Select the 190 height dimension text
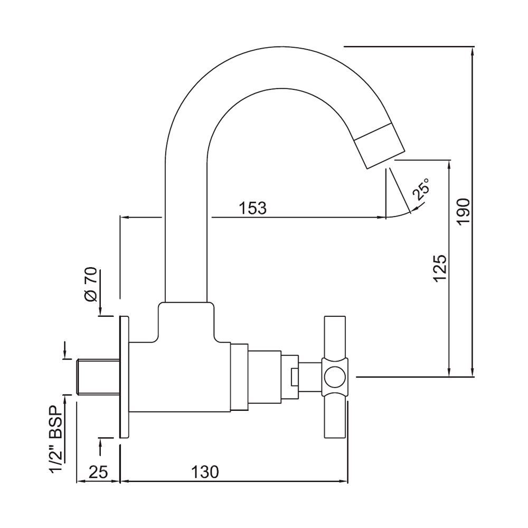tap(463, 212)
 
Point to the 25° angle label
tap(421, 190)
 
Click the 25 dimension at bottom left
tap(98, 472)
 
